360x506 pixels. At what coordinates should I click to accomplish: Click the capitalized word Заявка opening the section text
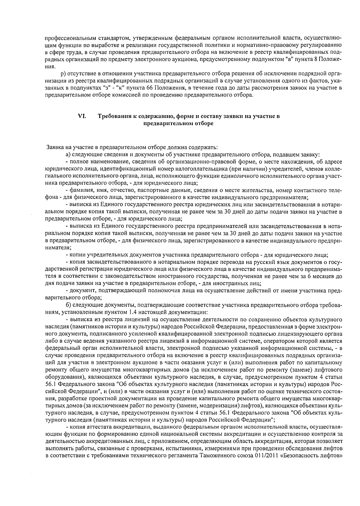[54, 147]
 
